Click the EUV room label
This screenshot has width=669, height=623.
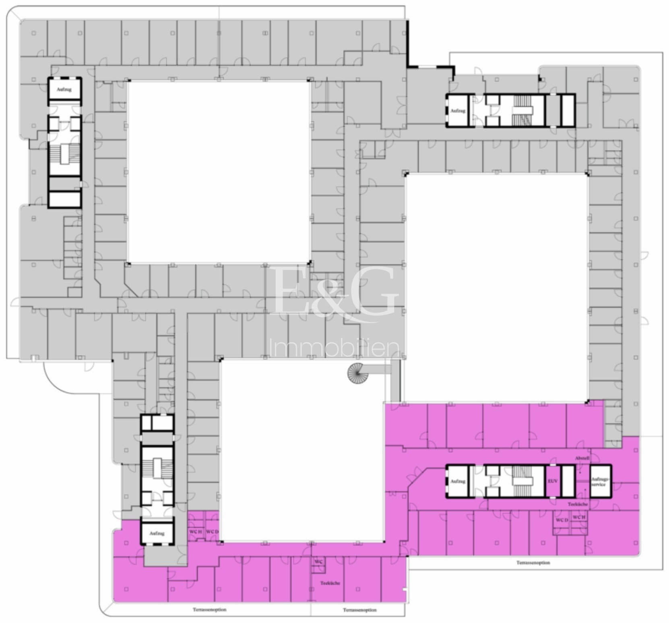tap(553, 481)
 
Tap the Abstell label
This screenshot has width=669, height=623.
tap(582, 458)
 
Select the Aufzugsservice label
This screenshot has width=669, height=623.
tap(599, 481)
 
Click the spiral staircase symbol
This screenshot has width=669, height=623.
tap(358, 373)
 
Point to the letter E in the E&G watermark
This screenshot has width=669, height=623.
tap(291, 291)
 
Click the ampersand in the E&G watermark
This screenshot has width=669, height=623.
tap(330, 296)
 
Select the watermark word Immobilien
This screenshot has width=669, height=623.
tap(334, 348)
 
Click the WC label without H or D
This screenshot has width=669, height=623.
tap(318, 561)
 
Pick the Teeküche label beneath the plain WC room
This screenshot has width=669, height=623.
tap(330, 583)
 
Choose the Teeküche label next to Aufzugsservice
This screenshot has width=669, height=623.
tap(578, 504)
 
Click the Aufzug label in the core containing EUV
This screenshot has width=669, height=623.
tap(458, 481)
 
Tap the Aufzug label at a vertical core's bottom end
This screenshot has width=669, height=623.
tap(157, 533)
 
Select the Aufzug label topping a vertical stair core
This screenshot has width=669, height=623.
tap(64, 89)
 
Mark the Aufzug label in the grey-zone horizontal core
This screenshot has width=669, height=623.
tap(458, 111)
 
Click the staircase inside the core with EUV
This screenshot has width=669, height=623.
tap(522, 481)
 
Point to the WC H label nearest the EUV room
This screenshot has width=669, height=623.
tap(579, 517)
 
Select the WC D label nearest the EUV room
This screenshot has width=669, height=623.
tap(562, 520)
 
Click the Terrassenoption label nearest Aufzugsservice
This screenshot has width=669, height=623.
tap(533, 563)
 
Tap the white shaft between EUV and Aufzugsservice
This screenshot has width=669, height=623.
tap(568, 481)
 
